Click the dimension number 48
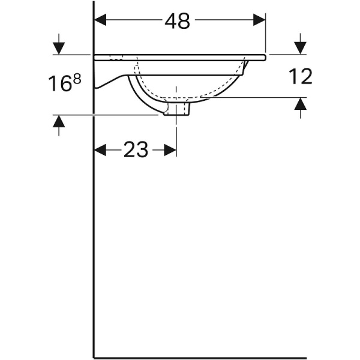[x=178, y=21]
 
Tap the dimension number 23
[x=136, y=150]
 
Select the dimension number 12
[x=300, y=76]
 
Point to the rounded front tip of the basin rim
[x=263, y=57]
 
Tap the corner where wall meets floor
[x=94, y=358]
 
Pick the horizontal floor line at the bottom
[x=198, y=358]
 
